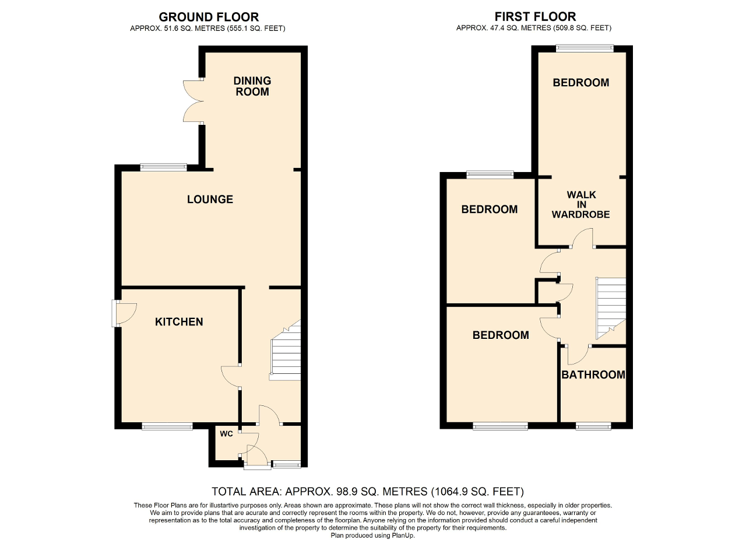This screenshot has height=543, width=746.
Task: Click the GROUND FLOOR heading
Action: click(x=209, y=17)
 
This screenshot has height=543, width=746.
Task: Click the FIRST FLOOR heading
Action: click(x=535, y=16)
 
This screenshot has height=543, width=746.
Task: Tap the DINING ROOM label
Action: click(x=252, y=86)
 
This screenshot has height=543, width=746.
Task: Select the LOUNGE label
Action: click(x=210, y=199)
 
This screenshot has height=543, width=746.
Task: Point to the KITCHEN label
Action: click(x=179, y=322)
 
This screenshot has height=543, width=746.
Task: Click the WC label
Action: click(x=227, y=434)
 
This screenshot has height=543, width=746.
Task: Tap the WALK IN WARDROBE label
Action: click(x=580, y=204)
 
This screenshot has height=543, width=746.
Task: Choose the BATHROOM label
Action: click(x=593, y=375)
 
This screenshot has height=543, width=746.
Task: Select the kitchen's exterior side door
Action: click(x=124, y=313)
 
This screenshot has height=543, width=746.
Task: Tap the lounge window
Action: click(x=164, y=168)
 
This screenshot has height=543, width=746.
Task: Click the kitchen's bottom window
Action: click(x=167, y=427)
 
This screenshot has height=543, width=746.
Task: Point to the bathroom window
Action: click(x=593, y=427)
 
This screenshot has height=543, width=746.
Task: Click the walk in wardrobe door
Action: click(x=581, y=239)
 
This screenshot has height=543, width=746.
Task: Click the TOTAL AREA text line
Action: click(x=368, y=491)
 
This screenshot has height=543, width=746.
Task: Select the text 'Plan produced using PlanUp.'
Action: click(x=372, y=534)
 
